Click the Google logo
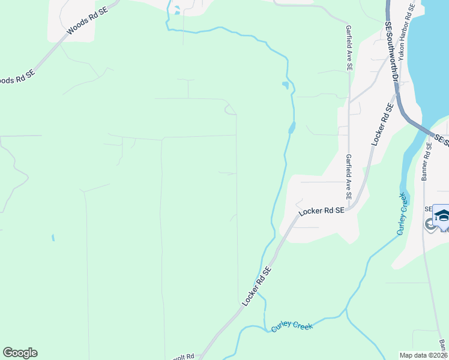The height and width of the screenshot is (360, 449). (20, 353)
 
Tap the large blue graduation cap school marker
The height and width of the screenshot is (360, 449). (442, 215)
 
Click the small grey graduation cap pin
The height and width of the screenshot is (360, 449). (430, 225)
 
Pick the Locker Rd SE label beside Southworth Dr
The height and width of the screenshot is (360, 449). (382, 124)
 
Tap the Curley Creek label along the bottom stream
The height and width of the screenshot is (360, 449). (292, 325)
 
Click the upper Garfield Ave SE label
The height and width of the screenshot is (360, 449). (348, 48)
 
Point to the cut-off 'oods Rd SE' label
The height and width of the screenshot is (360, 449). (18, 77)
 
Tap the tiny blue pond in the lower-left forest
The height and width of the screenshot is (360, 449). (53, 238)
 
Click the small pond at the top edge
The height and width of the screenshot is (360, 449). (176, 10)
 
